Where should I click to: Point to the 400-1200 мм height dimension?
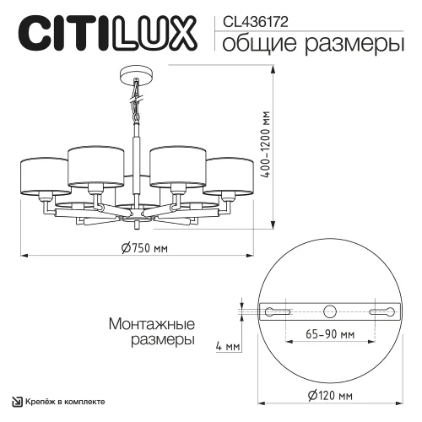click(x=290, y=148)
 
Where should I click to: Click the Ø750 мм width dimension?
click(x=144, y=247)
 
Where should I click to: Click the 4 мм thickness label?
click(x=227, y=346)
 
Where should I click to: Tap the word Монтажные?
click(x=152, y=324)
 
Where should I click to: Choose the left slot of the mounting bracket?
click(x=276, y=311)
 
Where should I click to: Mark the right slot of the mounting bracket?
click(x=383, y=311)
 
